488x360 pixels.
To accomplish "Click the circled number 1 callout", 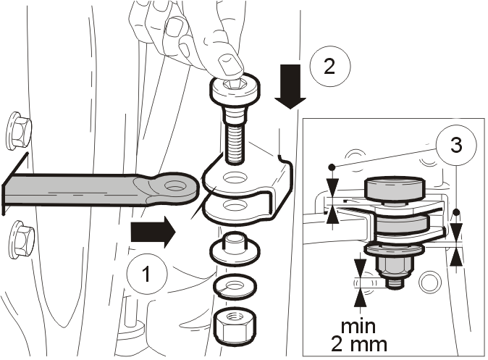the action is pyautogui.click(x=147, y=274).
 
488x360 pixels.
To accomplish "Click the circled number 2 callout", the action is pyautogui.click(x=330, y=66).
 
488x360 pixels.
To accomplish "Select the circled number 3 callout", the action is pyautogui.click(x=456, y=145).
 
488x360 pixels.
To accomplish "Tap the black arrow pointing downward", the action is pyautogui.click(x=290, y=87).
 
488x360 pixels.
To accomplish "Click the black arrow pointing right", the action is pyautogui.click(x=153, y=232).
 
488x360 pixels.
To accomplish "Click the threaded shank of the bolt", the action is pyautogui.click(x=233, y=143).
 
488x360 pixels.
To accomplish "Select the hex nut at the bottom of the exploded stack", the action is pyautogui.click(x=235, y=327).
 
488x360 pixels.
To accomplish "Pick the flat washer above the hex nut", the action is pyautogui.click(x=235, y=287).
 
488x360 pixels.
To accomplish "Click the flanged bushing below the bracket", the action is pyautogui.click(x=235, y=248).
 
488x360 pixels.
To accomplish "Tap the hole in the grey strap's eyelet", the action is pyautogui.click(x=175, y=186).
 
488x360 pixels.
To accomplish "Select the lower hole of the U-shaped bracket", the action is pyautogui.click(x=235, y=206).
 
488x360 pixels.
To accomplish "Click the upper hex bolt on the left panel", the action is pyautogui.click(x=19, y=130).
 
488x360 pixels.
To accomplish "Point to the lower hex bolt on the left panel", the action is pyautogui.click(x=21, y=240).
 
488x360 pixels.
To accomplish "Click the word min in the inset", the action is pyautogui.click(x=358, y=327).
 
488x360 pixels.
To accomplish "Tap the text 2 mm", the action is pyautogui.click(x=359, y=345).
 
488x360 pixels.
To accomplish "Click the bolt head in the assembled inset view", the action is pyautogui.click(x=394, y=188).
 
